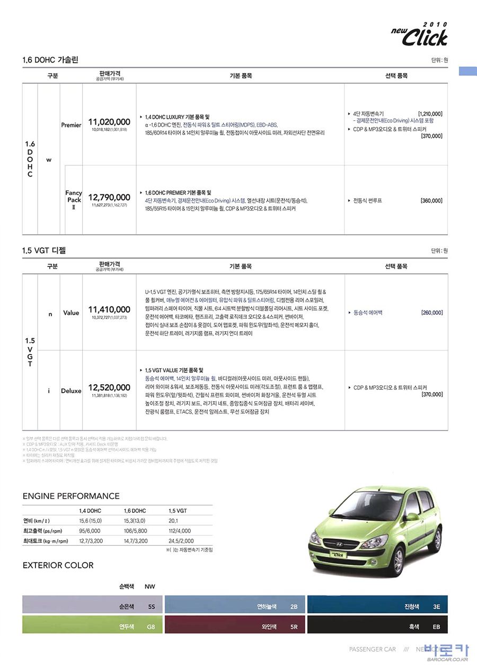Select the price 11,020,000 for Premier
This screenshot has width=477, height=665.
coord(109,121)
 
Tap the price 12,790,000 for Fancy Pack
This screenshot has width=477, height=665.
coord(109,197)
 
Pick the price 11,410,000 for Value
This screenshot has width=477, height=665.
coord(109,309)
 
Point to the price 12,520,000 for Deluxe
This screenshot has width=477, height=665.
coord(109,387)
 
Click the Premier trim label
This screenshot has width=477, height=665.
coord(71,126)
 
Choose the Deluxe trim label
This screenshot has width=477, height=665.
coord(71,391)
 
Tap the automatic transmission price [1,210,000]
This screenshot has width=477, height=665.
coord(430,114)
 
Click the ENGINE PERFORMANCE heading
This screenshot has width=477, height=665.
coord(71,496)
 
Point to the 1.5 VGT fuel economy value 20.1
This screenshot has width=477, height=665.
coord(173,520)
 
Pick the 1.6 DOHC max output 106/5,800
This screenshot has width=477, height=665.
coord(135,530)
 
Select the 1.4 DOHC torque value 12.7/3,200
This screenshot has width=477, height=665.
coord(91,541)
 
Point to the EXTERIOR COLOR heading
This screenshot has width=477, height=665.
coord(58,565)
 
